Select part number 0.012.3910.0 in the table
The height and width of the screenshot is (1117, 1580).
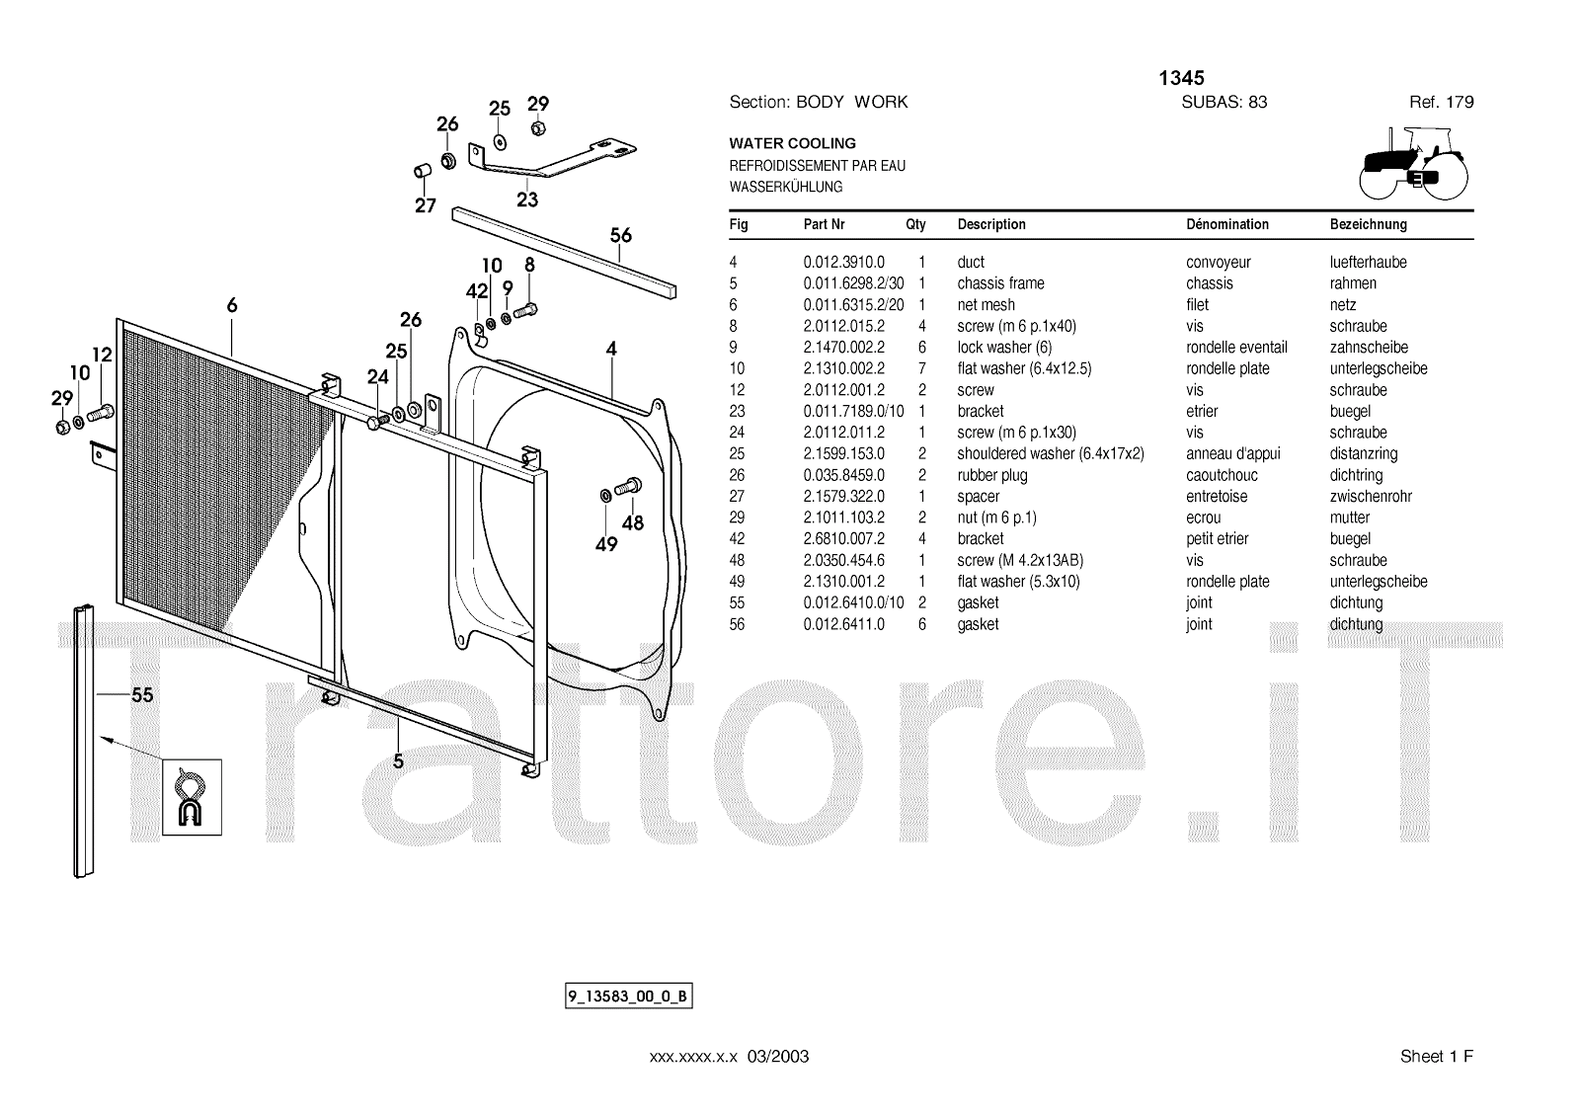(x=843, y=262)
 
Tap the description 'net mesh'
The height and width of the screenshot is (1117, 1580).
(x=986, y=305)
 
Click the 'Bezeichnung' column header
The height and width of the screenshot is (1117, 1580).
(x=1368, y=224)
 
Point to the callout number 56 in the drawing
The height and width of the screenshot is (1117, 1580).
(x=620, y=236)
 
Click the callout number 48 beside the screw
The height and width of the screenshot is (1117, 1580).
(x=632, y=522)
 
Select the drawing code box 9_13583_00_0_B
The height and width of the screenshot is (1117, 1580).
(x=628, y=997)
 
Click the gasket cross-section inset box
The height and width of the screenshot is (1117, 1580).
(x=192, y=797)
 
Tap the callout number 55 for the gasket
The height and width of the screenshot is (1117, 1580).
(x=142, y=695)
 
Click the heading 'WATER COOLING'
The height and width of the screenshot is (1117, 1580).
(x=792, y=143)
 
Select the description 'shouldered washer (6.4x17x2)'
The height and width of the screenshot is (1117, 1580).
(x=1050, y=454)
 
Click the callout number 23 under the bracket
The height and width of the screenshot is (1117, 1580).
(x=527, y=199)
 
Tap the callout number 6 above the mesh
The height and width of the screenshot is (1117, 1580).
(x=232, y=306)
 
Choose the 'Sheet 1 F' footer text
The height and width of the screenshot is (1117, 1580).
(x=1436, y=1057)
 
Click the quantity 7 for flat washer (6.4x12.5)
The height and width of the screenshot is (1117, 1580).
(x=921, y=368)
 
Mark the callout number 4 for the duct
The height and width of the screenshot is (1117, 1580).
(x=611, y=349)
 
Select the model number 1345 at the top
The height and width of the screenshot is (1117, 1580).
(x=1181, y=78)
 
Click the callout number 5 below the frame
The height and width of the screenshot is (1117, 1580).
(x=398, y=761)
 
